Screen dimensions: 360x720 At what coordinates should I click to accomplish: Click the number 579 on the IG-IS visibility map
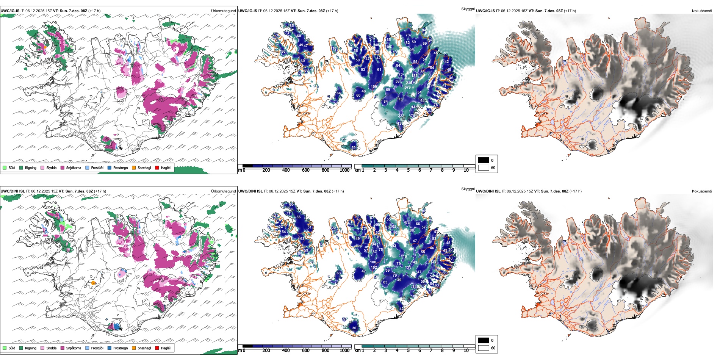[x=407, y=88]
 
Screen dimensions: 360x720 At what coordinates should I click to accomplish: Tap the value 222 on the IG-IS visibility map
[x=401, y=116]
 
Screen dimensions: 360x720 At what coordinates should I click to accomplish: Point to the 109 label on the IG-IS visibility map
[x=374, y=87]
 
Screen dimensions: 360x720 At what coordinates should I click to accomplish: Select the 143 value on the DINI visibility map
[x=414, y=262]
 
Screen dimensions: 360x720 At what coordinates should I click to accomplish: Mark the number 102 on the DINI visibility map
[x=374, y=268]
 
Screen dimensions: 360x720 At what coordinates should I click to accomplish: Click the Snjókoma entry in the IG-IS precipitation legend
[x=70, y=168]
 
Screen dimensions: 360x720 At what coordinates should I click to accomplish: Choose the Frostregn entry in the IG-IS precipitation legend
[x=117, y=168]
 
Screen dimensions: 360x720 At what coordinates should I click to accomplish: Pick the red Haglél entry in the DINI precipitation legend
[x=163, y=348]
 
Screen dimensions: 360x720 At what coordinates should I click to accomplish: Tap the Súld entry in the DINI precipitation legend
[x=9, y=348]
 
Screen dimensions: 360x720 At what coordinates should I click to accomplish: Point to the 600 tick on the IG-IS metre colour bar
[x=305, y=170]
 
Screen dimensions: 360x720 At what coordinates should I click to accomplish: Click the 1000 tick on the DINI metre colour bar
[x=344, y=351]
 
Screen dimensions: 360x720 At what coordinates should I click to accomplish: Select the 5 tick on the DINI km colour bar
[x=409, y=351]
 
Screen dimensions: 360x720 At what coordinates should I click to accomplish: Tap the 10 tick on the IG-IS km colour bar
[x=466, y=170]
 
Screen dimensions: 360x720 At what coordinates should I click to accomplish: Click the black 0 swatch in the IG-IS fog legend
[x=484, y=160]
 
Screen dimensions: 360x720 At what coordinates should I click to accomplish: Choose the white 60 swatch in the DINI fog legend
[x=484, y=348]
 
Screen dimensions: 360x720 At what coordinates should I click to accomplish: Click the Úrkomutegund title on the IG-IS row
[x=223, y=11]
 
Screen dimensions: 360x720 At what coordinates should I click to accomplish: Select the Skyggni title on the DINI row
[x=468, y=189]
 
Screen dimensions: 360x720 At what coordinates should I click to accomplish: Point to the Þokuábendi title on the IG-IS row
[x=702, y=11]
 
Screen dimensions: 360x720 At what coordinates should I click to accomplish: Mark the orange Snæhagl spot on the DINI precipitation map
[x=93, y=283]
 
